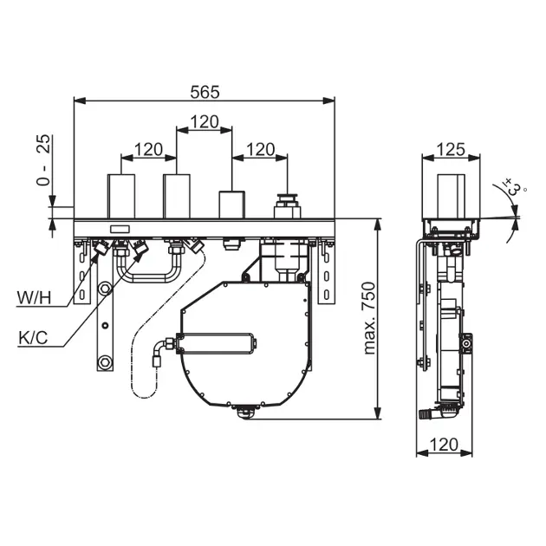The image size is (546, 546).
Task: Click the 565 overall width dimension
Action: pyautogui.click(x=205, y=92)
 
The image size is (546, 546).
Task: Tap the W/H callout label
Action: pyautogui.click(x=34, y=298)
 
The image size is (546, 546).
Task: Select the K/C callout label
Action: pyautogui.click(x=33, y=338)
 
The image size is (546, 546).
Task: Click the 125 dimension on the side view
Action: pyautogui.click(x=451, y=150)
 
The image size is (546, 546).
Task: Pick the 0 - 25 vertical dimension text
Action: pyautogui.click(x=43, y=160)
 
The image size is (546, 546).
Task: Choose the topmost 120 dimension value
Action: pyautogui.click(x=205, y=122)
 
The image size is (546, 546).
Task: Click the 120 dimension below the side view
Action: pyautogui.click(x=444, y=445)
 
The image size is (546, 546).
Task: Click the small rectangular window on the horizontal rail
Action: pyautogui.click(x=120, y=229)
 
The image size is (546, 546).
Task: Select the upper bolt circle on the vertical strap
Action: pyautogui.click(x=105, y=289)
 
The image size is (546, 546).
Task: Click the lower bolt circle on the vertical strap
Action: pyautogui.click(x=105, y=362)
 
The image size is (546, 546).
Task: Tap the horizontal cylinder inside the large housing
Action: pyautogui.click(x=217, y=344)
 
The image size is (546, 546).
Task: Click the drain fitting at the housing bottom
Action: pyautogui.click(x=245, y=412)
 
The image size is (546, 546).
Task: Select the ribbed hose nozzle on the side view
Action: pyautogui.click(x=426, y=414)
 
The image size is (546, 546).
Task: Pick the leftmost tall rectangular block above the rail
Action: pyautogui.click(x=121, y=197)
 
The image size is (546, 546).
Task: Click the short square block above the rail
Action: pyautogui.click(x=231, y=205)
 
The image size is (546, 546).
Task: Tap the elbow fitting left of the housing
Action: pyautogui.click(x=161, y=352)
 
